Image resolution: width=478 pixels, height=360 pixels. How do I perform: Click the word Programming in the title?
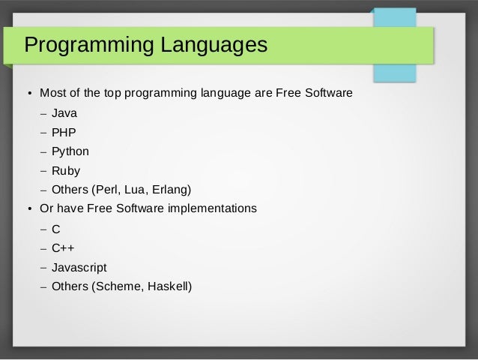(87, 46)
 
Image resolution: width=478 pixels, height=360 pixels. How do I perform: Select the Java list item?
(64, 114)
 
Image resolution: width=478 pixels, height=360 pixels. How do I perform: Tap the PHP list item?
(64, 133)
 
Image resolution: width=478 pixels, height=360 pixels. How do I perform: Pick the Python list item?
(70, 151)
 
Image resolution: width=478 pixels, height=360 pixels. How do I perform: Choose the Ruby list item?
(66, 170)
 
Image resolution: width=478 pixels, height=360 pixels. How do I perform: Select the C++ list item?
(63, 248)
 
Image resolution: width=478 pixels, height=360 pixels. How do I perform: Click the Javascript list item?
(79, 267)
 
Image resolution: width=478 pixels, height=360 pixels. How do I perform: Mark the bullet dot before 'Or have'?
(29, 208)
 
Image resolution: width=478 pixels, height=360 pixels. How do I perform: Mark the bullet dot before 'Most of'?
(29, 94)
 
